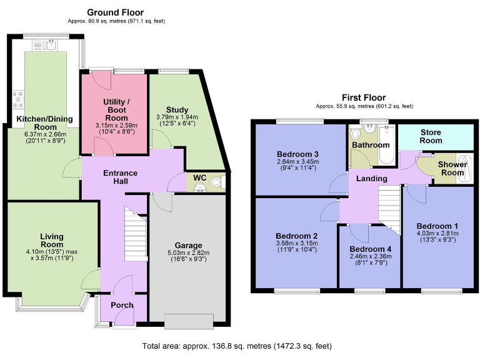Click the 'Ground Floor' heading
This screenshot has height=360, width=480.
[x=115, y=12]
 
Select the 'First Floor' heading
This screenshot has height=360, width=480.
[x=363, y=97]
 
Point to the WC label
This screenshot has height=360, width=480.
[x=199, y=178]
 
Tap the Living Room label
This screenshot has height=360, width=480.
[x=52, y=241]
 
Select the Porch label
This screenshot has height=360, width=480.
[x=122, y=305]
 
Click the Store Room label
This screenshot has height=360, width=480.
[x=431, y=136]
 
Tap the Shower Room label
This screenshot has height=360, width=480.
[x=451, y=168]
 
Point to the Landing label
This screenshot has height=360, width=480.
[x=372, y=179]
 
